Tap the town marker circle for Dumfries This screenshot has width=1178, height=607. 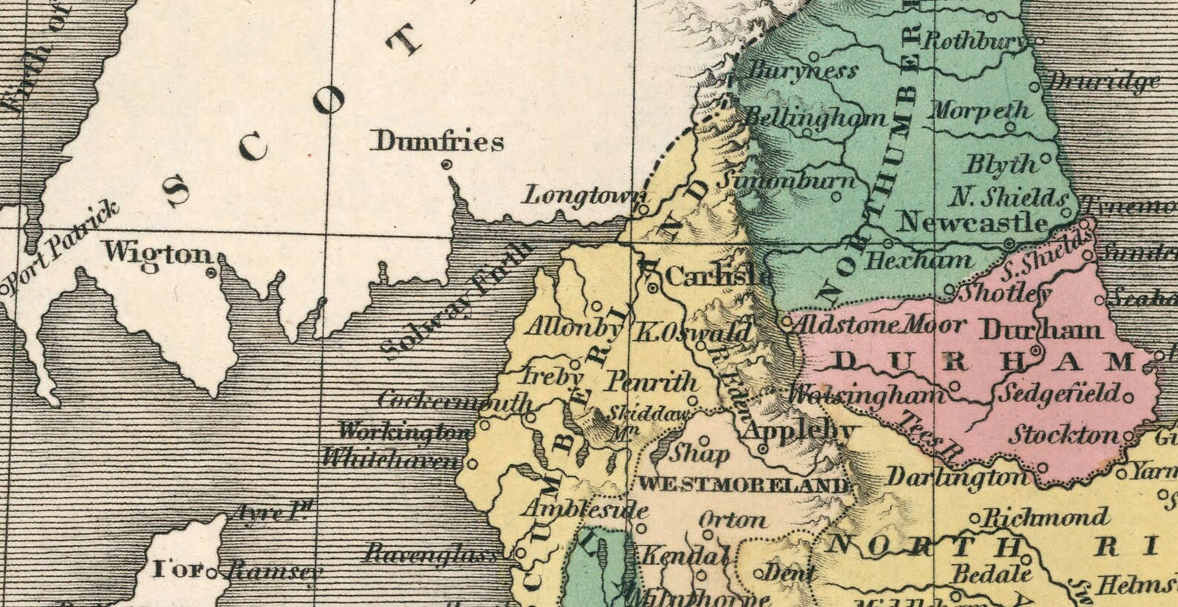(447, 165)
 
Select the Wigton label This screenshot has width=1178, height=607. (158, 253)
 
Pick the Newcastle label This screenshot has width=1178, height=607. (973, 222)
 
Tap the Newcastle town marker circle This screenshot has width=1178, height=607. (1008, 243)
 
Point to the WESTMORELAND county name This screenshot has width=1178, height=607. (743, 485)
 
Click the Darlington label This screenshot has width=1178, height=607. (957, 477)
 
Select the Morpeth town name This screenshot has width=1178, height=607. (979, 111)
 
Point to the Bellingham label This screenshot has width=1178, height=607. (815, 118)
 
